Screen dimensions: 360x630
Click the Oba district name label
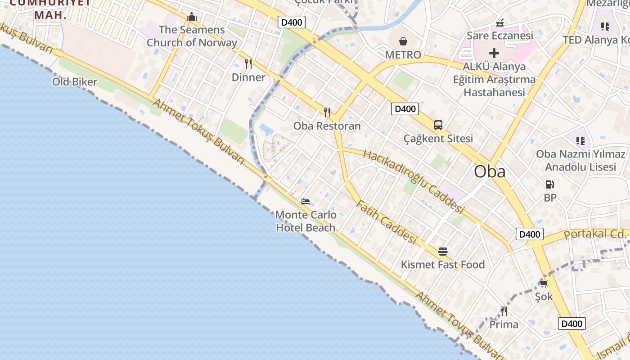tap(490, 171)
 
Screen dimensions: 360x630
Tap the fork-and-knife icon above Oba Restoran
tap(327, 112)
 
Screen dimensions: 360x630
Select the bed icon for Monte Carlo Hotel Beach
tap(306, 201)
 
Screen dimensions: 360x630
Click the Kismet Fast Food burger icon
tap(443, 251)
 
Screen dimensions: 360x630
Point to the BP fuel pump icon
tap(549, 184)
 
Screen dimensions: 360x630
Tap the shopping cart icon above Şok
tap(544, 283)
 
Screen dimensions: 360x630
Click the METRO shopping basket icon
tap(403, 41)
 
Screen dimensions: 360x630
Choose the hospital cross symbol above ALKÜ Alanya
tap(494, 53)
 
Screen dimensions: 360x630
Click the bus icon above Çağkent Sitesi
tap(438, 125)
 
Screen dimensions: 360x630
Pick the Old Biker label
tap(75, 82)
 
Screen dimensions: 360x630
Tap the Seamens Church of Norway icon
tap(192, 17)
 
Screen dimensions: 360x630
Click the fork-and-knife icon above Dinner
tap(248, 63)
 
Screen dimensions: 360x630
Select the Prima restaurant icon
tap(504, 311)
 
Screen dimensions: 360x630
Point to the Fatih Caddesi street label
tap(386, 222)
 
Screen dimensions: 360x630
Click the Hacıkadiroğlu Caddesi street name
tap(413, 181)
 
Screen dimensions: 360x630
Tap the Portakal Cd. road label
tap(594, 234)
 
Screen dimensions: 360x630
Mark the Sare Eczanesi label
tap(499, 35)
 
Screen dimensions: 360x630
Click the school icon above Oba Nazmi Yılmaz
tap(580, 141)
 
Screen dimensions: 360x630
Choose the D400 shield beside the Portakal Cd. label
tap(529, 234)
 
